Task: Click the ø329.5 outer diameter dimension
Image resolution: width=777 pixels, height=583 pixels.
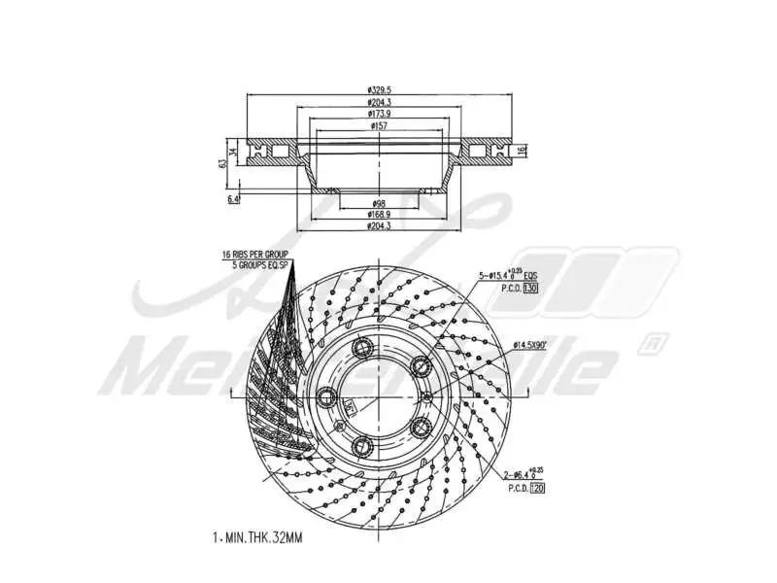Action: tap(380, 90)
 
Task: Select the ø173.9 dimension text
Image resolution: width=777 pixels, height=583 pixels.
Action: tap(380, 115)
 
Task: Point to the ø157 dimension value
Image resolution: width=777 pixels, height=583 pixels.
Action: tap(380, 126)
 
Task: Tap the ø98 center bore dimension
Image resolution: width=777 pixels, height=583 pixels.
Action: tap(379, 203)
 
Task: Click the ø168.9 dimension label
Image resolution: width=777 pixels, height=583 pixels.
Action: tap(379, 214)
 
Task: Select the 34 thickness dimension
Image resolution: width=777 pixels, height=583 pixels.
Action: tap(235, 151)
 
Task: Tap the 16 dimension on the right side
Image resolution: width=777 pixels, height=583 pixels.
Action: tap(522, 150)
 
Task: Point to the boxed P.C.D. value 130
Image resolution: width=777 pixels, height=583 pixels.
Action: tap(530, 289)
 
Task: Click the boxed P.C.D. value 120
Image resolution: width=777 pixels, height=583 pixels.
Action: tap(537, 489)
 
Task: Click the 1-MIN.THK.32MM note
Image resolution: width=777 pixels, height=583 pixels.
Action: tap(257, 537)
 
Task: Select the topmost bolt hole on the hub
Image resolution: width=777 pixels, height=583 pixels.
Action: tap(364, 350)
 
